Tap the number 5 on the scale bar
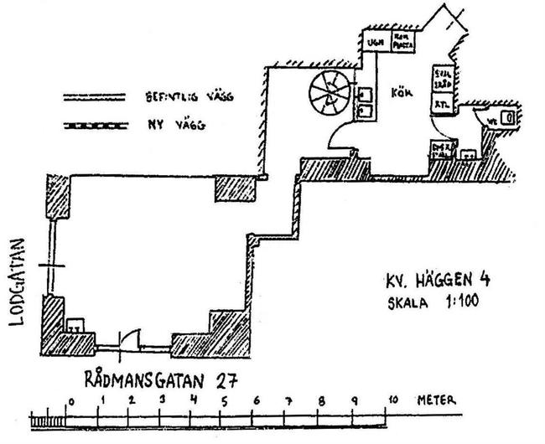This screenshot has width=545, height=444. (x=224, y=400)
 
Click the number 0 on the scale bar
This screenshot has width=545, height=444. (x=71, y=400)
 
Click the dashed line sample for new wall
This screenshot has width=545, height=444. (x=93, y=128)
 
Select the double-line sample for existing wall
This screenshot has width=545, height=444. (x=93, y=98)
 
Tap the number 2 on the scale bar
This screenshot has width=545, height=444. (x=131, y=400)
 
